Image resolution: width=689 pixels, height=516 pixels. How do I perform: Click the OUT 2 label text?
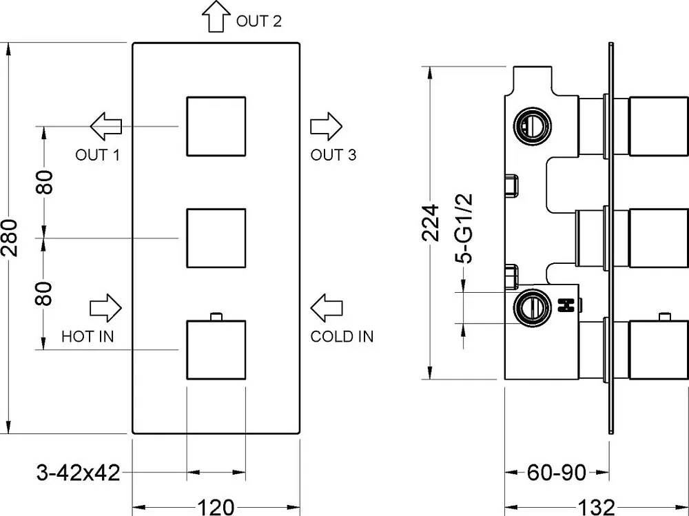click(x=259, y=21)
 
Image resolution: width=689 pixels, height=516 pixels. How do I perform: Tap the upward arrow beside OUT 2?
click(x=216, y=17)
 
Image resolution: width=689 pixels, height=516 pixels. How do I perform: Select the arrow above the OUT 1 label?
click(x=106, y=126)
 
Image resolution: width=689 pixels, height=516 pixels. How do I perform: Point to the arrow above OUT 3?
click(x=326, y=126)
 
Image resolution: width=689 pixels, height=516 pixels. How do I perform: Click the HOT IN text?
click(x=88, y=336)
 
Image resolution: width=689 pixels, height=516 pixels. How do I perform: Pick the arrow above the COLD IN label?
click(x=326, y=308)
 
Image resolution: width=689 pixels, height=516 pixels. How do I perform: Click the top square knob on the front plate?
click(x=216, y=126)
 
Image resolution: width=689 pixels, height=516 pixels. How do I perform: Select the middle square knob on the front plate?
click(x=216, y=238)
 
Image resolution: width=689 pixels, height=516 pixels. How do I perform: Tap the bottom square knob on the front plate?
click(x=216, y=349)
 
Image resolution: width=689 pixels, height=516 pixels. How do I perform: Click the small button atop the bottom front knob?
click(x=216, y=316)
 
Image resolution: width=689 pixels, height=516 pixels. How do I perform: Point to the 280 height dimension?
click(x=10, y=238)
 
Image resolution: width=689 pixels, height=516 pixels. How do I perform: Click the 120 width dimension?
click(x=216, y=507)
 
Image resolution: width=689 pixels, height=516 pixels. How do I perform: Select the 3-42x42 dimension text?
click(x=79, y=473)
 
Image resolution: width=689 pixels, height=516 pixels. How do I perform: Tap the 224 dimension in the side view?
click(x=431, y=223)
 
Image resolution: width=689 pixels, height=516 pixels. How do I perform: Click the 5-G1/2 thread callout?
click(x=464, y=228)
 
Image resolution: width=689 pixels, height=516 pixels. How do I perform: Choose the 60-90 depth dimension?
click(x=556, y=473)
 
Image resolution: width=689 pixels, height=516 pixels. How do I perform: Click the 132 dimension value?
click(x=596, y=507)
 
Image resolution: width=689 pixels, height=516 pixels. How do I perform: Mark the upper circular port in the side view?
click(x=533, y=126)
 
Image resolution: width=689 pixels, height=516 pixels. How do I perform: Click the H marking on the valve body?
click(x=566, y=305)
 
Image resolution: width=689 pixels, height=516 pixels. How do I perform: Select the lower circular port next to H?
click(x=533, y=307)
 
